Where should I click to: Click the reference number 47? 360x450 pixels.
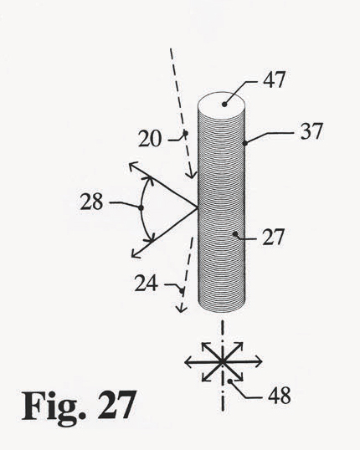pos(275,79)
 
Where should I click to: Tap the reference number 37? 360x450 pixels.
pos(311,131)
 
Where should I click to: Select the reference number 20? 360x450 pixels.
pos(150,139)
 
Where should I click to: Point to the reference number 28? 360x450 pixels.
pos(91,202)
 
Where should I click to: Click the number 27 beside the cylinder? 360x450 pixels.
pos(273,237)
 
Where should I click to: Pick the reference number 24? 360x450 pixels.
pos(147,283)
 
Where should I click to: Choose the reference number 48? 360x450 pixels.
pos(280,395)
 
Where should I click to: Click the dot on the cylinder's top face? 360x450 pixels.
pos(224,105)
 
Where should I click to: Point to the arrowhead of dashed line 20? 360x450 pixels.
pos(192,175)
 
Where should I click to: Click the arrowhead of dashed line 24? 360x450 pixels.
pos(181,309)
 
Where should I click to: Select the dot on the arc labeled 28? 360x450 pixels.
pos(141,207)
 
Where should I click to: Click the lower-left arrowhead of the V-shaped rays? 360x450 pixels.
pos(135,253)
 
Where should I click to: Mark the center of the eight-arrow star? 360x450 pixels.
pos(222,362)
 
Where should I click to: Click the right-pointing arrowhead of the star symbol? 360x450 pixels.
pos(259,362)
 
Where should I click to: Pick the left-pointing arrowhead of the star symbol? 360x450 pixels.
pos(188,362)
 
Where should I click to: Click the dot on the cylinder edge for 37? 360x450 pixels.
pos(244,143)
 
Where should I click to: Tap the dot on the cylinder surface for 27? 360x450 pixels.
pos(235,234)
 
